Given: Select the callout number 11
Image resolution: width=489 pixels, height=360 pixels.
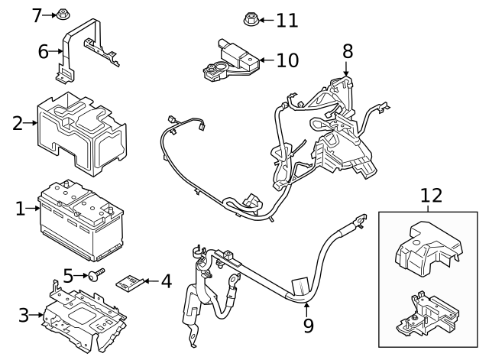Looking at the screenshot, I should [x=288, y=19].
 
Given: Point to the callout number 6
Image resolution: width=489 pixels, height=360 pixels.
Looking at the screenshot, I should [x=44, y=52].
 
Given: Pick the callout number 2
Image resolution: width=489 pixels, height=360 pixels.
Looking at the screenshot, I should [x=18, y=122].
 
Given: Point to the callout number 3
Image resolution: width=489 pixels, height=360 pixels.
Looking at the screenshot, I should [x=24, y=314].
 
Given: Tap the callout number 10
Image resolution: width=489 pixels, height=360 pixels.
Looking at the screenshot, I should [x=287, y=60].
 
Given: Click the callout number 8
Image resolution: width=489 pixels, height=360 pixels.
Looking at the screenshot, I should [x=348, y=51].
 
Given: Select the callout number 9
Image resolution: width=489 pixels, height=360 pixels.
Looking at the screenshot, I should [x=308, y=326].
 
